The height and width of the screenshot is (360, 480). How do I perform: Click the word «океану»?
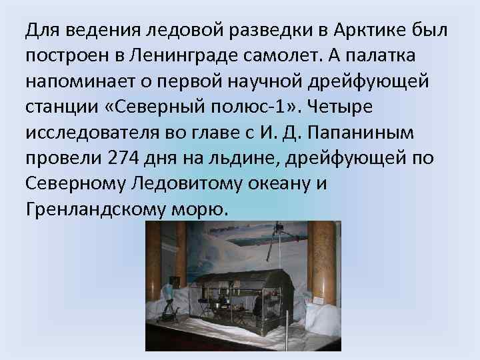coord(279,183)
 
